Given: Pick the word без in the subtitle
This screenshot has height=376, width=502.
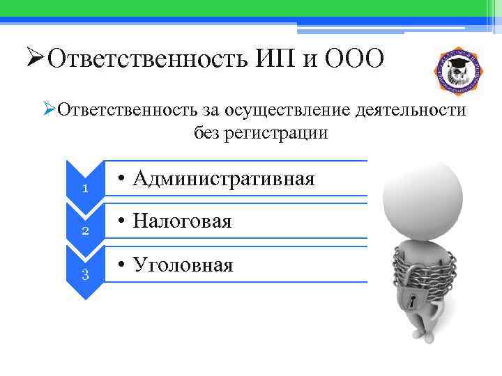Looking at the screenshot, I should pyautogui.click(x=208, y=132).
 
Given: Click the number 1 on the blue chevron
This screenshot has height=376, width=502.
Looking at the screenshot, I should pyautogui.click(x=84, y=189).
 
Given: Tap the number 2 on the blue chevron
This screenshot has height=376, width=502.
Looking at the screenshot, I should pyautogui.click(x=84, y=231).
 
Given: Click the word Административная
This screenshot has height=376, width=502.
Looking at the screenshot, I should pyautogui.click(x=223, y=179).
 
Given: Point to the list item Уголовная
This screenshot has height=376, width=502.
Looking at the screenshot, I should pyautogui.click(x=183, y=265).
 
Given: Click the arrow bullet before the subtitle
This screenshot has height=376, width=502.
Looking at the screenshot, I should pyautogui.click(x=48, y=109).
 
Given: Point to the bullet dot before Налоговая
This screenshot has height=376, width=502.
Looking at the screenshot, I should pyautogui.click(x=121, y=222).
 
